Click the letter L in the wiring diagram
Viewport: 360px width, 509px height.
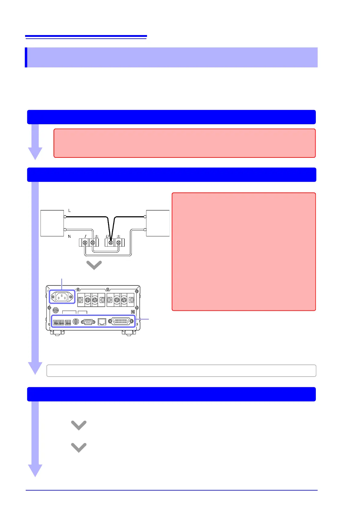click(70, 210)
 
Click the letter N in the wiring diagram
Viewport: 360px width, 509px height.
click(69, 236)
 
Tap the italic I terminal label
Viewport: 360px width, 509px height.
click(85, 236)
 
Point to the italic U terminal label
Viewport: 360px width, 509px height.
click(107, 236)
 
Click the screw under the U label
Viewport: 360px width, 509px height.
click(111, 243)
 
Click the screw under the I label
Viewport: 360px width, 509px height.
click(85, 243)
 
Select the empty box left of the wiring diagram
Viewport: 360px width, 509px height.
click(52, 223)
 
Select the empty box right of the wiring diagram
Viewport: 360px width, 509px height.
click(158, 223)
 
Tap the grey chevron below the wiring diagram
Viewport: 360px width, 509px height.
click(94, 265)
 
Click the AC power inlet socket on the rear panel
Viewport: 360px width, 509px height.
click(62, 297)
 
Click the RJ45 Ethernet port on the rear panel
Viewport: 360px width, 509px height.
click(102, 322)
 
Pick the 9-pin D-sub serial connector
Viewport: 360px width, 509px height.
click(88, 322)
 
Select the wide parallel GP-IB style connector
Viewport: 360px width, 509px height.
click(121, 321)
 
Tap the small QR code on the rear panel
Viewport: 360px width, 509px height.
click(133, 312)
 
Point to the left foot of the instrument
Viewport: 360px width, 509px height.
click(57, 332)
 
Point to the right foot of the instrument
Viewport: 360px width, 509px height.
click(129, 332)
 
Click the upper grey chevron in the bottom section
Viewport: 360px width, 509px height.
click(79, 425)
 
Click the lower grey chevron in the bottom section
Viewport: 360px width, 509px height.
click(79, 447)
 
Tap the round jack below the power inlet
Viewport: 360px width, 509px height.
click(56, 310)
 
